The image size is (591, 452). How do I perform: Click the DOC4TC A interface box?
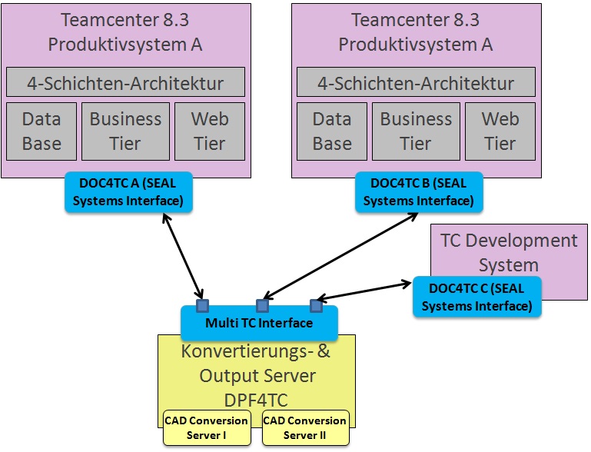tap(128, 192)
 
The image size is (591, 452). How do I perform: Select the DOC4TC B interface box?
tap(419, 192)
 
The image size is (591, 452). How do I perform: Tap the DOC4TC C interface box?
tap(476, 297)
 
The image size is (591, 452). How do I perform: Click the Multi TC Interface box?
tap(259, 323)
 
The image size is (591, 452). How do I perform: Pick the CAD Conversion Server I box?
tap(206, 428)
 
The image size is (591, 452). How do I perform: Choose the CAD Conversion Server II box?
tap(305, 428)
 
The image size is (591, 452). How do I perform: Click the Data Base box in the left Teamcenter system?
tap(42, 131)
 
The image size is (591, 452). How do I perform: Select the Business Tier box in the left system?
tap(125, 131)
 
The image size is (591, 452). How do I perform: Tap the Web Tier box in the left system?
tap(209, 131)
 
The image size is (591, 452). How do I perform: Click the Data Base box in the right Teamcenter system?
tap(332, 131)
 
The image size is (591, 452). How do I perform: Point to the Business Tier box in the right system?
tap(416, 131)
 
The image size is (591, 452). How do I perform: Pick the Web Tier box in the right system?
tap(500, 131)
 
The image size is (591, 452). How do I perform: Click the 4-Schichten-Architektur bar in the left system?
tap(125, 82)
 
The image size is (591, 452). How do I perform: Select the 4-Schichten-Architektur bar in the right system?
tap(416, 82)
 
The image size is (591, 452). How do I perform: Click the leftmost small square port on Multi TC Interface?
tap(202, 305)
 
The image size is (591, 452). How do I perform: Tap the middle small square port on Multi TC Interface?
tap(262, 305)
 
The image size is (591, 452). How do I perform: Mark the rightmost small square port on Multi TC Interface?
tap(315, 305)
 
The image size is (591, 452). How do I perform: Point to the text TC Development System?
tap(509, 253)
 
